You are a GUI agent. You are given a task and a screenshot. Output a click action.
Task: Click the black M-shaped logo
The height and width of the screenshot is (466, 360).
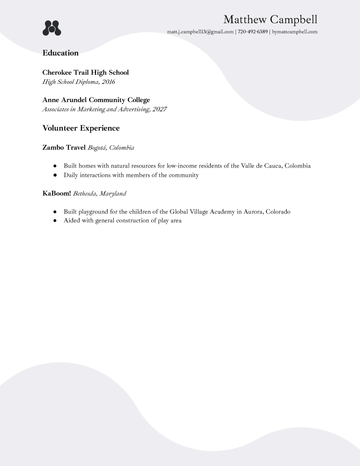[52, 28]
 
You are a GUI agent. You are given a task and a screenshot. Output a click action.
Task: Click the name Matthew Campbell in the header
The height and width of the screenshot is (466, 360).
[270, 20]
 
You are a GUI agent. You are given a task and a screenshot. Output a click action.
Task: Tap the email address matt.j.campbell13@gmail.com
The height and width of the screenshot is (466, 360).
[200, 32]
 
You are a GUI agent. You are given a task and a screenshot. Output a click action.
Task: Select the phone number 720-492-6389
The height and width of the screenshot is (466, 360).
[253, 32]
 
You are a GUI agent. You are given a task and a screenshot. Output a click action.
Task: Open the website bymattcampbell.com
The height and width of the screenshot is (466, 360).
[294, 32]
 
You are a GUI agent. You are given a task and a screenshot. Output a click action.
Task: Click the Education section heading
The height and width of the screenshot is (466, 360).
[61, 53]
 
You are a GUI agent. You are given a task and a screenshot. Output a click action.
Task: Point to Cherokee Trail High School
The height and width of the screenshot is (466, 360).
[86, 72]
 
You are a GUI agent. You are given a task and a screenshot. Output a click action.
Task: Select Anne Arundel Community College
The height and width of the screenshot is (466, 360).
[96, 100]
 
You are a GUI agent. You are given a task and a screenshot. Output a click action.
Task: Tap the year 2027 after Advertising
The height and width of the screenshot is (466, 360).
[160, 109]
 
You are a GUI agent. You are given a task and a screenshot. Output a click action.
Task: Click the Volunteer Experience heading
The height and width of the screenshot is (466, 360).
[81, 128]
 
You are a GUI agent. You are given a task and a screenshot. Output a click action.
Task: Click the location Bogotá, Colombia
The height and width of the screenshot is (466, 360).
[111, 148]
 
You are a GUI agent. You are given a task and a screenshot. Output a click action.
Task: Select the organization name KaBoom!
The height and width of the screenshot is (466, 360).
[56, 193]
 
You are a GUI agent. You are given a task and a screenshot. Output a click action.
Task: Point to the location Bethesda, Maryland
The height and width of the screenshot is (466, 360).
[100, 194]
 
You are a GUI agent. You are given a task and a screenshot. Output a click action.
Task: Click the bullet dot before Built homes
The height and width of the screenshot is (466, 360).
[55, 166]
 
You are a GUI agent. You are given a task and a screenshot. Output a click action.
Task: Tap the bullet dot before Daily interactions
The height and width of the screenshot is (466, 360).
[55, 175]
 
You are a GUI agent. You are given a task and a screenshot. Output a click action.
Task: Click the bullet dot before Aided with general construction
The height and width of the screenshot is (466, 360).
[55, 221]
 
